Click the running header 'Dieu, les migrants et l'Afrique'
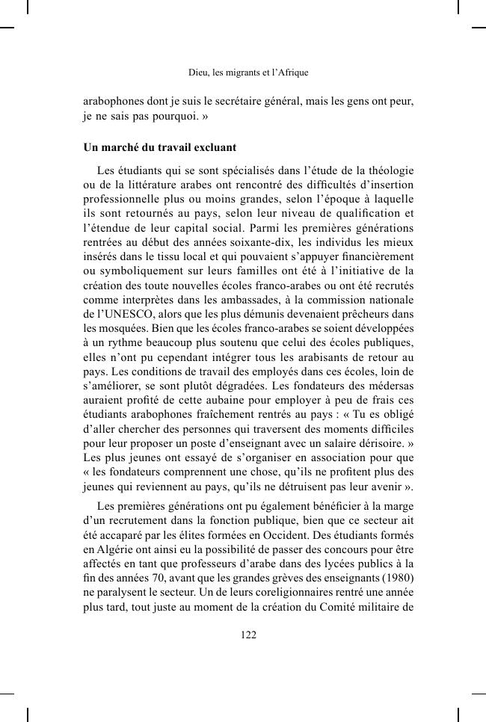pyautogui.click(x=247, y=73)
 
